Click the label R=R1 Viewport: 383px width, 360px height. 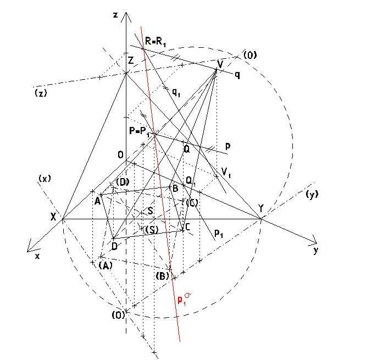(156, 41)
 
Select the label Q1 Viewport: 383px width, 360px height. (191, 181)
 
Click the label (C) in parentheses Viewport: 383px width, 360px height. (192, 202)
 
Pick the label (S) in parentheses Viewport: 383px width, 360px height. (152, 230)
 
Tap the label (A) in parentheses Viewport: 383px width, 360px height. (106, 265)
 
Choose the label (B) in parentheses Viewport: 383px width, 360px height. (162, 276)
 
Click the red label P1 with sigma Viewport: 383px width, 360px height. (184, 299)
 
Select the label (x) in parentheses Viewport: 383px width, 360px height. (45, 179)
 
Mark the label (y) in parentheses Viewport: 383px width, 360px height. (312, 195)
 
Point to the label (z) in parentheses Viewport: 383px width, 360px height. (41, 93)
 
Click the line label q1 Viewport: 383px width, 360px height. (176, 92)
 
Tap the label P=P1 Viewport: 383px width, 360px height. (139, 132)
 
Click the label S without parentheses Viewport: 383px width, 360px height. (151, 211)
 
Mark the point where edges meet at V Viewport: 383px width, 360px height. (217, 70)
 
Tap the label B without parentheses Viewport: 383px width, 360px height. (175, 189)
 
